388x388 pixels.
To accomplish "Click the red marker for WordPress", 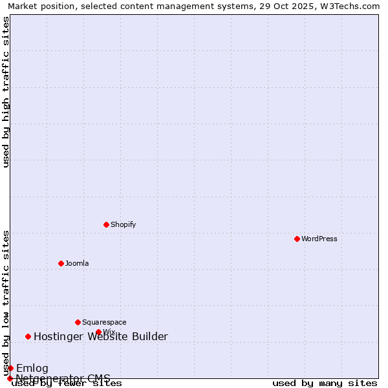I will click(297, 239).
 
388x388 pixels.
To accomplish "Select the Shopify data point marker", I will click(106, 224).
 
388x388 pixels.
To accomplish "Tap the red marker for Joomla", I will click(61, 263).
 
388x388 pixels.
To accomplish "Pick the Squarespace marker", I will click(78, 322).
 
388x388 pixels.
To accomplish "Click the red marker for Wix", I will click(98, 332).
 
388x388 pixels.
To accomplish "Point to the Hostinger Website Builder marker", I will click(28, 336).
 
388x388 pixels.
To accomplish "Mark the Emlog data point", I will click(10, 368).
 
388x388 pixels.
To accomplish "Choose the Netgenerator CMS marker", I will click(10, 378).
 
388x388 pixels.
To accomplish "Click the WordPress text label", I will click(319, 239).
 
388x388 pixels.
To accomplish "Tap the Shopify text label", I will click(123, 224).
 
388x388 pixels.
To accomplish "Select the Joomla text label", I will click(77, 263).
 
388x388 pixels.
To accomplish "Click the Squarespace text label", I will click(104, 322).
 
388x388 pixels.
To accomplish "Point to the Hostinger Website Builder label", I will click(100, 336).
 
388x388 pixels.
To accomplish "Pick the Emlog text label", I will click(32, 368).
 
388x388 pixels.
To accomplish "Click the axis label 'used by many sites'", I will click(325, 383).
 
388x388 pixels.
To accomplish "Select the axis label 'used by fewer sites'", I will click(67, 383).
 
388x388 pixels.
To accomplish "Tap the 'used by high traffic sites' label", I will click(6, 92).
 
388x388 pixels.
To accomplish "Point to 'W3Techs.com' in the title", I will click(352, 6).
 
